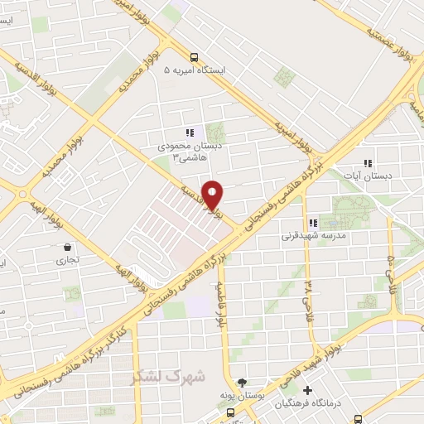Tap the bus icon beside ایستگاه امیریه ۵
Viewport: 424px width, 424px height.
[194, 58]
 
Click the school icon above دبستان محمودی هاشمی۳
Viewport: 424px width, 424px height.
[190, 132]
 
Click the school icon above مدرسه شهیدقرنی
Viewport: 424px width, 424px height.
[313, 223]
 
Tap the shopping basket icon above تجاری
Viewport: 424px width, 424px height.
[67, 247]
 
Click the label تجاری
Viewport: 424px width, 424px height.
[67, 260]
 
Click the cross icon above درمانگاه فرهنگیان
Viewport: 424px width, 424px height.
[308, 390]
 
